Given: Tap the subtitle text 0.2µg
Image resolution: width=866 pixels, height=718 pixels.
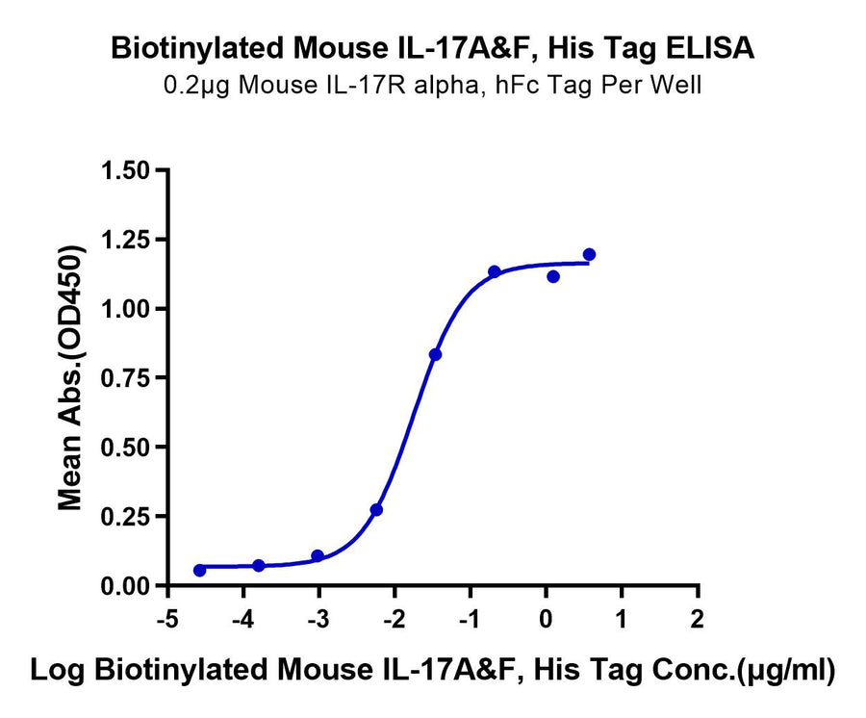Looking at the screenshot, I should coord(192,86).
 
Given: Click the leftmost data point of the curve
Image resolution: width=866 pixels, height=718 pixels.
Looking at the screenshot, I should coord(199,571).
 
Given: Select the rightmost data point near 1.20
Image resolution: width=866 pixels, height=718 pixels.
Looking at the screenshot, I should coord(589,254).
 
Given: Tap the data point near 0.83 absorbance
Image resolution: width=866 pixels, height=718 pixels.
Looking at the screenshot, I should coord(435,354).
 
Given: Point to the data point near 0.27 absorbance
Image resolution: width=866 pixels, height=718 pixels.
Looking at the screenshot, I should coord(376,509).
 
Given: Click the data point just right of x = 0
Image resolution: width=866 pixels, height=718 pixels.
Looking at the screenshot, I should coord(553,276).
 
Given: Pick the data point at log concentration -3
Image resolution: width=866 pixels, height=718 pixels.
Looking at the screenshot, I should coord(318,556).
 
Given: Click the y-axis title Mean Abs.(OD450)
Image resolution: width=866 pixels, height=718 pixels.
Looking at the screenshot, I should coord(70,377).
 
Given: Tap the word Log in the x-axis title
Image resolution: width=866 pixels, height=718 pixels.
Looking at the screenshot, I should coord(55,671).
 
